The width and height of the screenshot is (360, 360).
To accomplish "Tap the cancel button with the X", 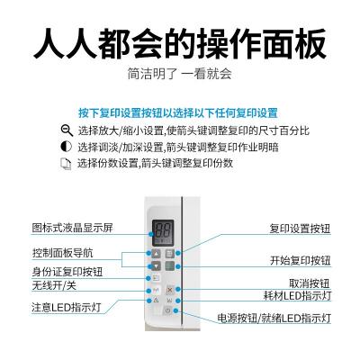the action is (170, 290).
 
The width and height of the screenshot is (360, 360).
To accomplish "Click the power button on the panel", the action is (168, 310).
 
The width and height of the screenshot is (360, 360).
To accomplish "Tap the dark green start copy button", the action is (170, 266).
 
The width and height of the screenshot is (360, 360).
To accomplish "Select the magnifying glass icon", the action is (67, 130).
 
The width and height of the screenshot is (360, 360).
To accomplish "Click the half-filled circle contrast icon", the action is (67, 147).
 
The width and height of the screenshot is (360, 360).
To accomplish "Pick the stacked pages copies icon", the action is (66, 164).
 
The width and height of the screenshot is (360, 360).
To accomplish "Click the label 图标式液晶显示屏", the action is (72, 228).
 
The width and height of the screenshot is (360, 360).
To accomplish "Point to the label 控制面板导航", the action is (62, 253).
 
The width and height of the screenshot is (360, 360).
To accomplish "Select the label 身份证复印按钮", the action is (67, 272).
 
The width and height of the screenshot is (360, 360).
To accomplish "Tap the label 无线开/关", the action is (54, 285).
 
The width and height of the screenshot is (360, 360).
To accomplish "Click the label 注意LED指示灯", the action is (67, 308).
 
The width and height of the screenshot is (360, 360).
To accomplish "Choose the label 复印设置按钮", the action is (300, 229).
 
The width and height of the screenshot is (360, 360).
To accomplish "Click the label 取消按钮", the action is (310, 283).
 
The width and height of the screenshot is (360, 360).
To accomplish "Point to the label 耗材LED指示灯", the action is (297, 296).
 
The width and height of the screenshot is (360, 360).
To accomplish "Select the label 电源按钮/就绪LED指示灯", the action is (274, 318).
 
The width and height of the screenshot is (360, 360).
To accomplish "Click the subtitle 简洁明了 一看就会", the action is (180, 74).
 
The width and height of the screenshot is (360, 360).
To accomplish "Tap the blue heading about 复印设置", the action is (178, 113).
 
